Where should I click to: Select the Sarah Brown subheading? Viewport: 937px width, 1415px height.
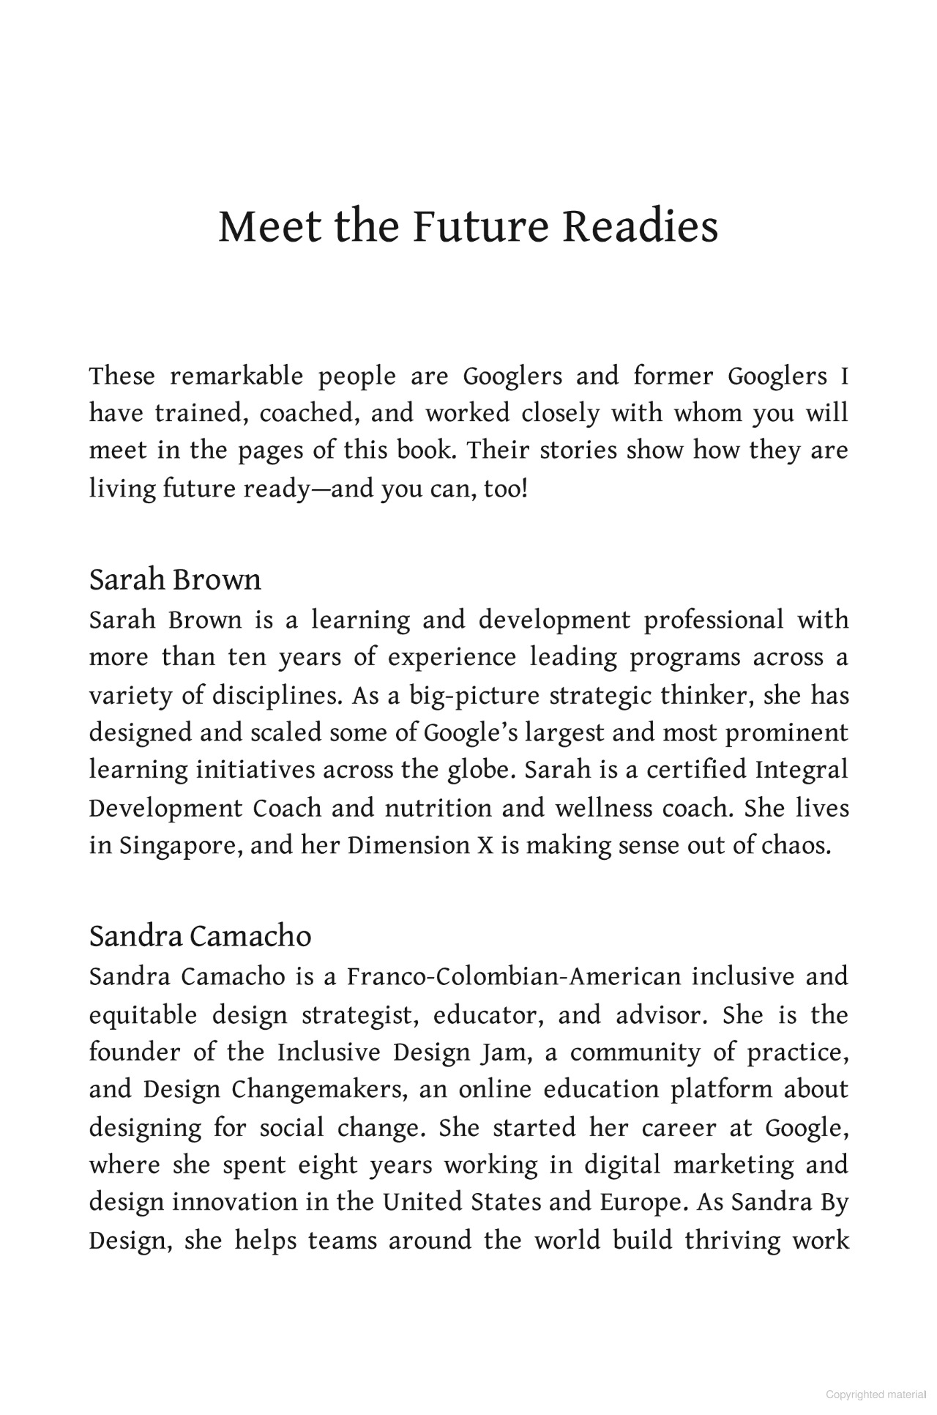tap(175, 580)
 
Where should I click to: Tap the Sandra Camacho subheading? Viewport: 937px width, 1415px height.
tap(200, 936)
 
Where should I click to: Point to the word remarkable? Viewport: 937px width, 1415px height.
tap(236, 376)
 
